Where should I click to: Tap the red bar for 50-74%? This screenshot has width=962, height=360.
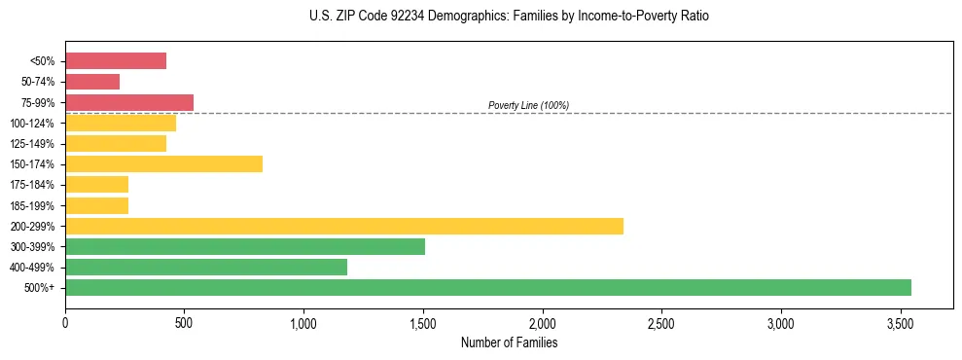pos(92,82)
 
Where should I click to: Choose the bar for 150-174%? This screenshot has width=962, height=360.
pos(163,163)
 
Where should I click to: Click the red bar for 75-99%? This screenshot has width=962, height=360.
pos(129,102)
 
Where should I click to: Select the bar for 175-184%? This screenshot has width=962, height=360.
pos(97,184)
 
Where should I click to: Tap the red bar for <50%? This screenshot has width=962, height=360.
pos(116,61)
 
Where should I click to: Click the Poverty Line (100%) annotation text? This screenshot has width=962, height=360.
pos(528,105)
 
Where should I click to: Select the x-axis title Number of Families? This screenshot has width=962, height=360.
pos(509,342)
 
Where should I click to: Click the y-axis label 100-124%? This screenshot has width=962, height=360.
pos(32,124)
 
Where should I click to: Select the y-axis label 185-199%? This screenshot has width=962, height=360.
pos(32,205)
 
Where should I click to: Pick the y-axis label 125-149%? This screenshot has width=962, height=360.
pos(32,144)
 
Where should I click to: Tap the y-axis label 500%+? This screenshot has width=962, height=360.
pos(40,288)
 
